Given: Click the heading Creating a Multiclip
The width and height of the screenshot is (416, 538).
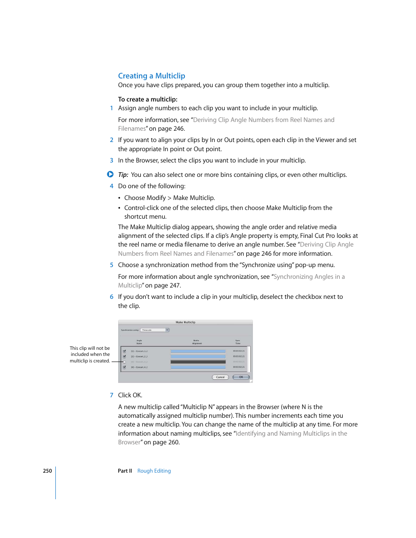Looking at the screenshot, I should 151,76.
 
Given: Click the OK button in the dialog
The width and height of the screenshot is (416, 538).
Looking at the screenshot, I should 241,377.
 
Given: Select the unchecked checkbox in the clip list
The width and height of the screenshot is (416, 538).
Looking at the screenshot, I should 124,362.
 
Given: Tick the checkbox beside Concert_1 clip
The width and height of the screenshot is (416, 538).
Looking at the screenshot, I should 124,351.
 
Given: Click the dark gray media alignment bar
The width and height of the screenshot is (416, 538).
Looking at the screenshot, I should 198,362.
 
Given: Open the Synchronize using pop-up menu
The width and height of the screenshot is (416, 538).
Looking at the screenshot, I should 154,330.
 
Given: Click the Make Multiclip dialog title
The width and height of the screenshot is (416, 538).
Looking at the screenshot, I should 185,322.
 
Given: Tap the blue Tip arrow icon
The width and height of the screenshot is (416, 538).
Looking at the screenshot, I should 110,174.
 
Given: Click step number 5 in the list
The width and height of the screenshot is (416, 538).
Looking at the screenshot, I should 112,265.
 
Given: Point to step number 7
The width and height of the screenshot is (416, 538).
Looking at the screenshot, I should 112,395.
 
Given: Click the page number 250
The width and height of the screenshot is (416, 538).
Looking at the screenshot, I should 47,471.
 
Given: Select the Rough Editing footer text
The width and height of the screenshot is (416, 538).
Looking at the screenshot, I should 154,471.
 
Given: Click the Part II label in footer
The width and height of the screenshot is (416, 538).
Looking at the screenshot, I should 125,471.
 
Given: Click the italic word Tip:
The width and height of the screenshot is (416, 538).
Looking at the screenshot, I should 123,175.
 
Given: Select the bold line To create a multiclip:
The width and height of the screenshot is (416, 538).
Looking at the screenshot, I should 147,99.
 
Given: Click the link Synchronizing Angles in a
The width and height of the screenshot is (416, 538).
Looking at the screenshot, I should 309,277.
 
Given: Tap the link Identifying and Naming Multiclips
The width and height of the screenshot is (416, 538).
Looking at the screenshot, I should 291,433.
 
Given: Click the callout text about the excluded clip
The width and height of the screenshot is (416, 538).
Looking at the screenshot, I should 90,355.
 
